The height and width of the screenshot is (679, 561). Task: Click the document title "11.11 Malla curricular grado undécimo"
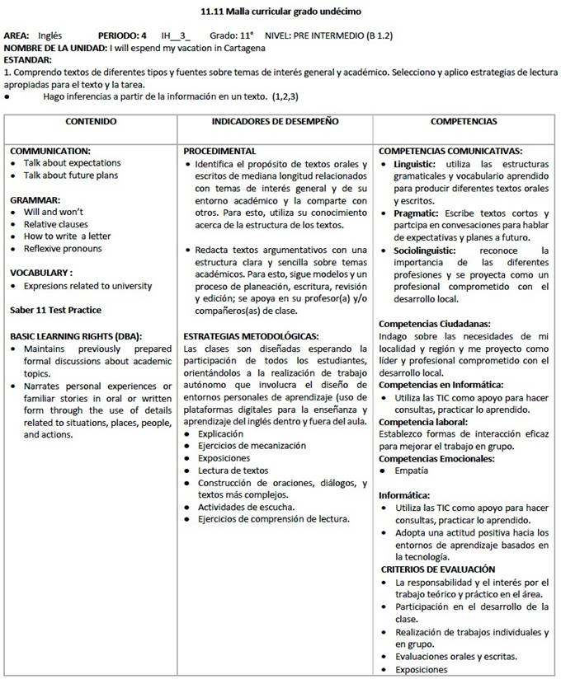[x=280, y=12]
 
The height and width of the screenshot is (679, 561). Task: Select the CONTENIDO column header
[x=91, y=121]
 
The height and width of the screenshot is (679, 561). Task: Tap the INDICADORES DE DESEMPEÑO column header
[x=275, y=121]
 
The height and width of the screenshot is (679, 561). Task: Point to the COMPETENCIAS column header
[x=464, y=121]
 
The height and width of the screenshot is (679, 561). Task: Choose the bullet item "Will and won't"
[x=54, y=212]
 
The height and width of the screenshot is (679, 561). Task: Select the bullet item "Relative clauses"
[x=55, y=224]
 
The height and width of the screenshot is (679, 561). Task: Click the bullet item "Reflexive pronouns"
[x=63, y=248]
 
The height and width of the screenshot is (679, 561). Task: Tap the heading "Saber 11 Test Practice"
[x=56, y=310]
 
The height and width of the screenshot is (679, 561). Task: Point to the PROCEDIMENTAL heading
[x=219, y=152]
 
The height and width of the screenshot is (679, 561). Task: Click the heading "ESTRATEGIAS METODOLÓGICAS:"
[x=251, y=336]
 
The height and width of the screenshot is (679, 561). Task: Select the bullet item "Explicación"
[x=220, y=433]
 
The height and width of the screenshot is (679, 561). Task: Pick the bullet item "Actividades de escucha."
[x=246, y=507]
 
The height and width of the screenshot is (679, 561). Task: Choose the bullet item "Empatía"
[x=412, y=471]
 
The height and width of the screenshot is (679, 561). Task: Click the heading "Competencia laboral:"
[x=422, y=422]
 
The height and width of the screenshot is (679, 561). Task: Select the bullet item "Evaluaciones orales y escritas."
[x=456, y=656]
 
